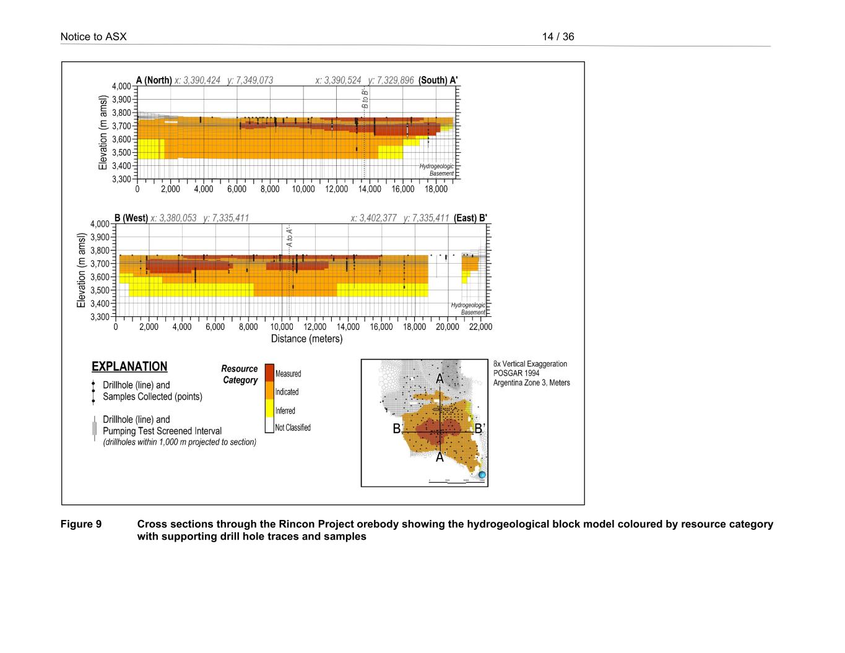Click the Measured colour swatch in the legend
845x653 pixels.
point(269,373)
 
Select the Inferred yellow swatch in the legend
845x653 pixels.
point(269,409)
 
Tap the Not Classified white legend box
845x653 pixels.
point(269,426)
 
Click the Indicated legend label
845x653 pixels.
point(287,392)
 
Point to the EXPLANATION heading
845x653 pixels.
point(129,366)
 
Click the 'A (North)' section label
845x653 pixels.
point(154,80)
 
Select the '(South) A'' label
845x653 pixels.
point(438,80)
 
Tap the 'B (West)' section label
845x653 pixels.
point(131,218)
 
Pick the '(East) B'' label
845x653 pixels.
point(470,218)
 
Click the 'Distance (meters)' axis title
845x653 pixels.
point(306,339)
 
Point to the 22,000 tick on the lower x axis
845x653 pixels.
point(480,327)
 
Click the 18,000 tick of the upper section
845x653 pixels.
point(436,189)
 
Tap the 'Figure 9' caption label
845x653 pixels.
point(81,524)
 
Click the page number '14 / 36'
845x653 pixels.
point(558,37)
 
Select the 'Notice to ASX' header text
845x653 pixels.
point(93,37)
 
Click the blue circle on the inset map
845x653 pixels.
point(482,475)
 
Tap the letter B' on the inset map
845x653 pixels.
point(479,428)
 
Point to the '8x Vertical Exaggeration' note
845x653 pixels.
point(530,364)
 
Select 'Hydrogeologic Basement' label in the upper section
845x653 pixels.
point(437,170)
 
